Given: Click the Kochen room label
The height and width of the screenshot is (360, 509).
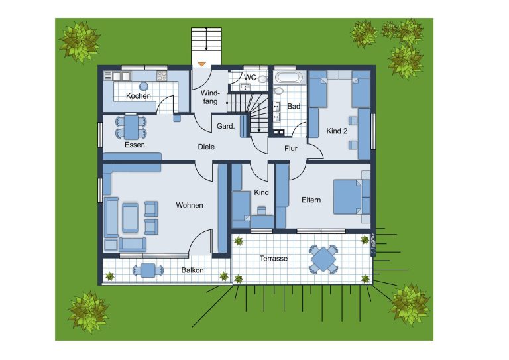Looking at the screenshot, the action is pyautogui.click(x=139, y=96).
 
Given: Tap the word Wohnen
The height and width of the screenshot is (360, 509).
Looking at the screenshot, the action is pyautogui.click(x=190, y=205).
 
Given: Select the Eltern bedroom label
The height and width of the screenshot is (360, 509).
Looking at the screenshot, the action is pyautogui.click(x=311, y=200).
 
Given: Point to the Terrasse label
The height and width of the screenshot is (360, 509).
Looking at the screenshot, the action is pyautogui.click(x=274, y=259).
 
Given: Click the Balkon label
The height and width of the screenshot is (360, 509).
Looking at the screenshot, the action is pyautogui.click(x=192, y=270).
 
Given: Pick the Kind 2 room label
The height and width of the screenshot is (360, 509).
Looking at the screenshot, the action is pyautogui.click(x=337, y=131).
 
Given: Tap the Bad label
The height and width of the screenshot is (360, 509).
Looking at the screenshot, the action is pyautogui.click(x=294, y=106).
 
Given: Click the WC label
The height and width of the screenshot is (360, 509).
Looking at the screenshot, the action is pyautogui.click(x=250, y=78).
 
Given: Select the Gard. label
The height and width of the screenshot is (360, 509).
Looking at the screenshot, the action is pyautogui.click(x=225, y=126).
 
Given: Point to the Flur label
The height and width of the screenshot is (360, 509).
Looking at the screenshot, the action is pyautogui.click(x=291, y=149).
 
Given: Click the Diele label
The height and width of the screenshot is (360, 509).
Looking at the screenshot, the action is pyautogui.click(x=206, y=147).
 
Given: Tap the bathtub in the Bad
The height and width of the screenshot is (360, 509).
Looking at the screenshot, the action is pyautogui.click(x=289, y=78).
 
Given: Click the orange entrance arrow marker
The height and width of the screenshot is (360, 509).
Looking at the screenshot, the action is pyautogui.click(x=202, y=64).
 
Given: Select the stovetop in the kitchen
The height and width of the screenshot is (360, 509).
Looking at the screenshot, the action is pyautogui.click(x=162, y=76).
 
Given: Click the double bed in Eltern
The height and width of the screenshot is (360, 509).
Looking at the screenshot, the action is pyautogui.click(x=347, y=197).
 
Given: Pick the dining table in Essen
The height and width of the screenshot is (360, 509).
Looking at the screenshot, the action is pyautogui.click(x=131, y=127).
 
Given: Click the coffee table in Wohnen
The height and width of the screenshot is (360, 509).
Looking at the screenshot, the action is pyautogui.click(x=130, y=217).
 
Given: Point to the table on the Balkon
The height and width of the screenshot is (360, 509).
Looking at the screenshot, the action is pyautogui.click(x=148, y=270).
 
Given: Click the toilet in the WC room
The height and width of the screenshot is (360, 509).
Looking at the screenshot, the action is pyautogui.click(x=262, y=79).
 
